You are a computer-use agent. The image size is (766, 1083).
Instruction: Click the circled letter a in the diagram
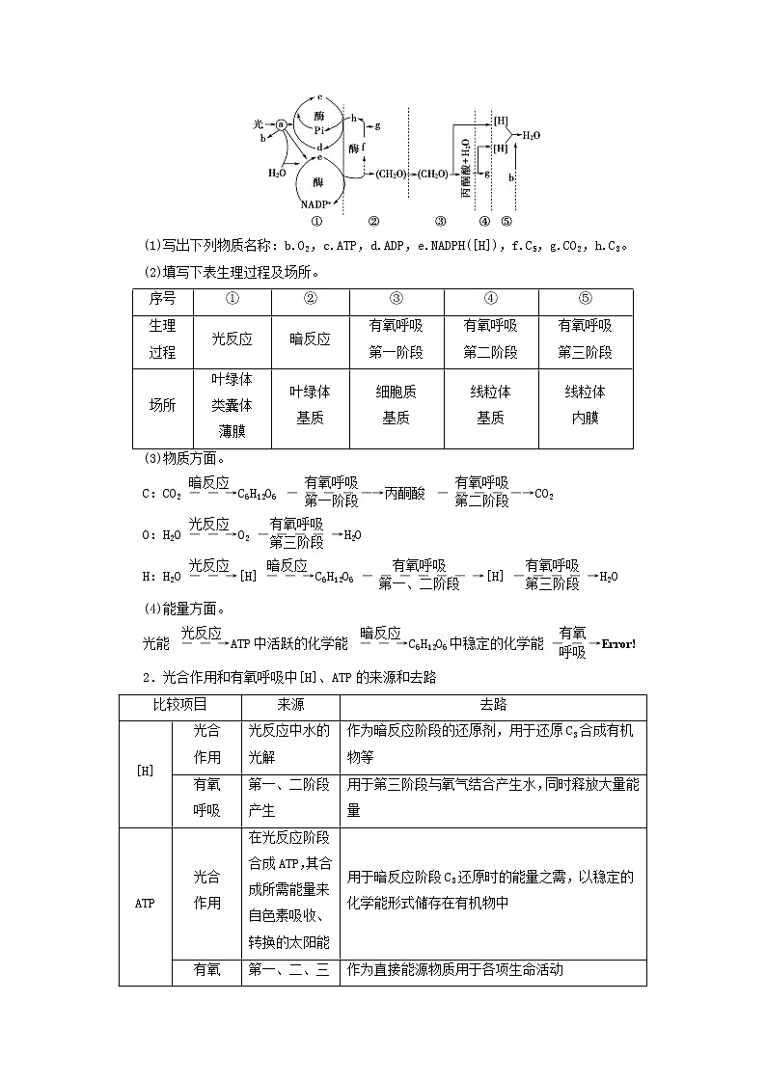[x=281, y=124]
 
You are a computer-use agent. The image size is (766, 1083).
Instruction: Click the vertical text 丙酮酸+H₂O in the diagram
[x=465, y=167]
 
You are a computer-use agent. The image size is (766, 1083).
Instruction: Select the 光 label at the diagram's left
[x=259, y=124]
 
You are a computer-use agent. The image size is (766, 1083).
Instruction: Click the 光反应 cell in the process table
[x=233, y=339]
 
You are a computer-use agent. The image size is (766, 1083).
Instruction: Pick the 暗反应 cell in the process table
[x=310, y=339]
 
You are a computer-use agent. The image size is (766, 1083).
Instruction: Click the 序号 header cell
[x=162, y=300]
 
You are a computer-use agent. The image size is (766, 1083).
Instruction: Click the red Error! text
[x=618, y=643]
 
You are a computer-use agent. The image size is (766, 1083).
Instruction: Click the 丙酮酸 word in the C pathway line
[x=404, y=494]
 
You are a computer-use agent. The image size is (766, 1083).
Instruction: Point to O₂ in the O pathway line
[x=243, y=535]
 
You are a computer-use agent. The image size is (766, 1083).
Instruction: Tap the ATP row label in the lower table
[x=144, y=905]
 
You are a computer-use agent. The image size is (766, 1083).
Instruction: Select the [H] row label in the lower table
[x=144, y=772]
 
